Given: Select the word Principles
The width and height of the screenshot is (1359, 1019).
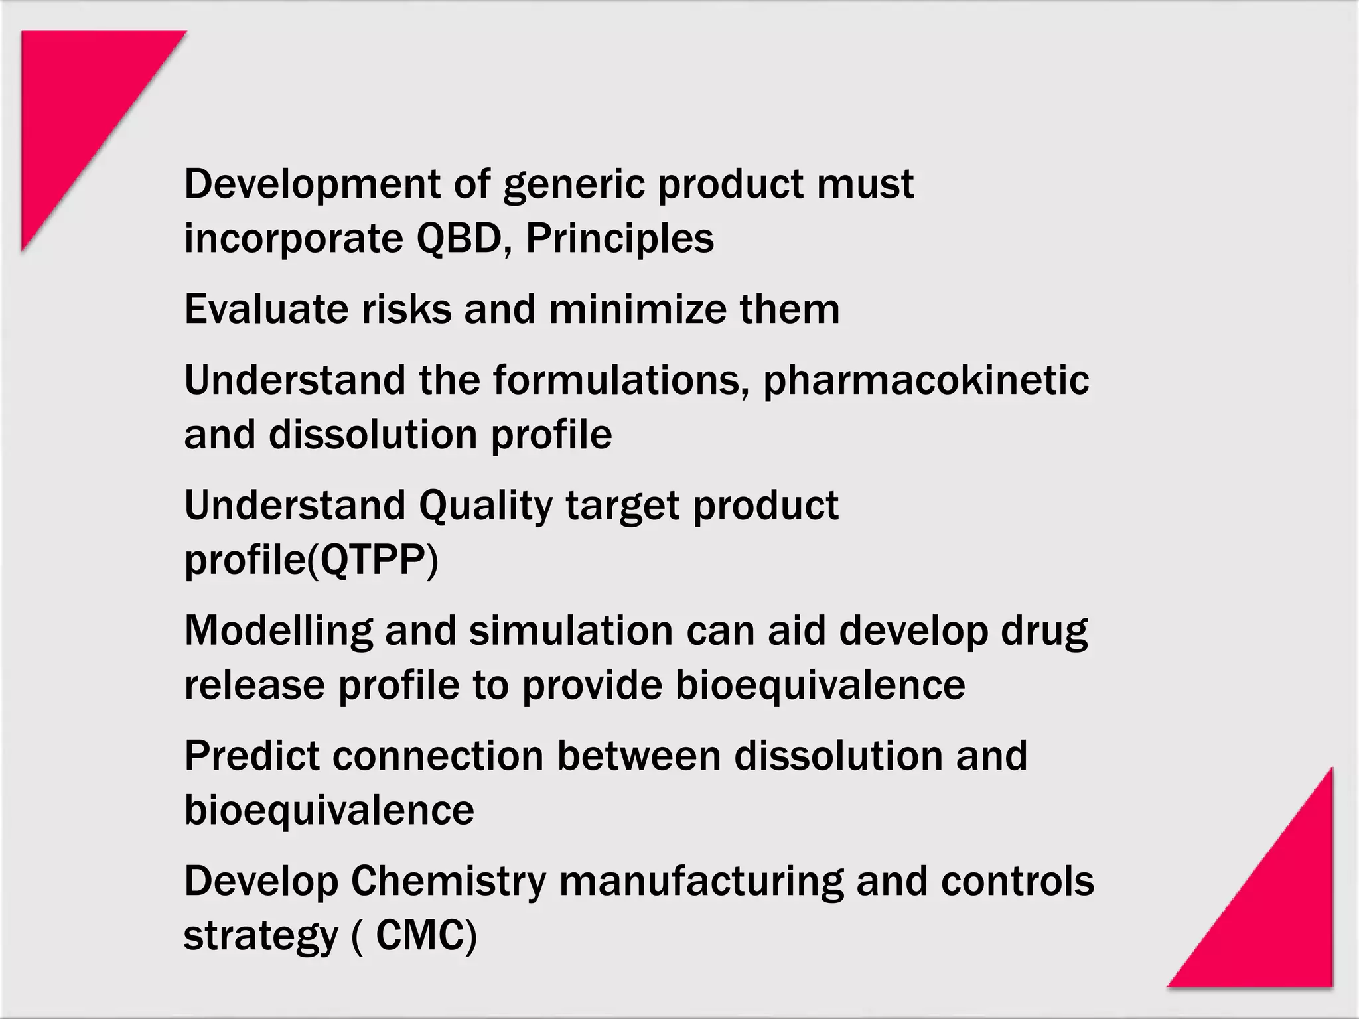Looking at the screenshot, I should point(620,238).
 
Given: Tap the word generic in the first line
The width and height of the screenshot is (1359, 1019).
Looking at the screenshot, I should point(573,184).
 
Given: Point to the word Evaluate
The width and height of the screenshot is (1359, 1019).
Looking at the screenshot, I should point(266,309).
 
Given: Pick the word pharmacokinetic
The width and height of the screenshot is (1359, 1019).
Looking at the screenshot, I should point(926,380).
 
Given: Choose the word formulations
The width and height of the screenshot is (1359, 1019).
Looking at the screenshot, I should point(621,380).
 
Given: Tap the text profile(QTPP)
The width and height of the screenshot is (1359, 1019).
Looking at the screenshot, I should point(311,561).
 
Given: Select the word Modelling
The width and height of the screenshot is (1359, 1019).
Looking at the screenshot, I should point(278,630).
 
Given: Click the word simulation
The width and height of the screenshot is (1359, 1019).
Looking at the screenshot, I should point(571,630).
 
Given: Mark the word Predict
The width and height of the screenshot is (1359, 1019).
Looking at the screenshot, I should point(251,756).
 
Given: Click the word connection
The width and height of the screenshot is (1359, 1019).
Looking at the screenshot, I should point(438,756).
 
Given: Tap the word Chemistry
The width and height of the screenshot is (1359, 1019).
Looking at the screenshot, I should point(448,881).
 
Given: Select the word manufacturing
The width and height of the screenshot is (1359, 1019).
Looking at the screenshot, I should point(701,881).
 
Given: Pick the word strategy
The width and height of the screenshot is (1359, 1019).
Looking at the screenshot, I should point(261,935).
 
